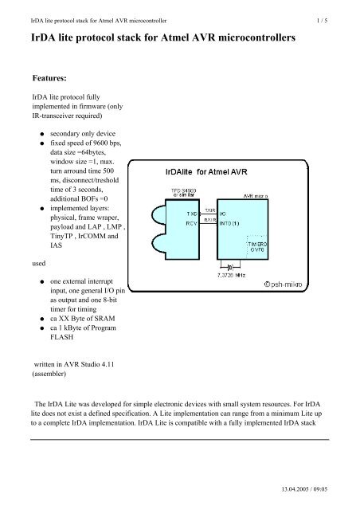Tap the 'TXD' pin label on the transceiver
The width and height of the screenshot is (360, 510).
[192, 214]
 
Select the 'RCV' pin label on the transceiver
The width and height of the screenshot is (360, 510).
[192, 224]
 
